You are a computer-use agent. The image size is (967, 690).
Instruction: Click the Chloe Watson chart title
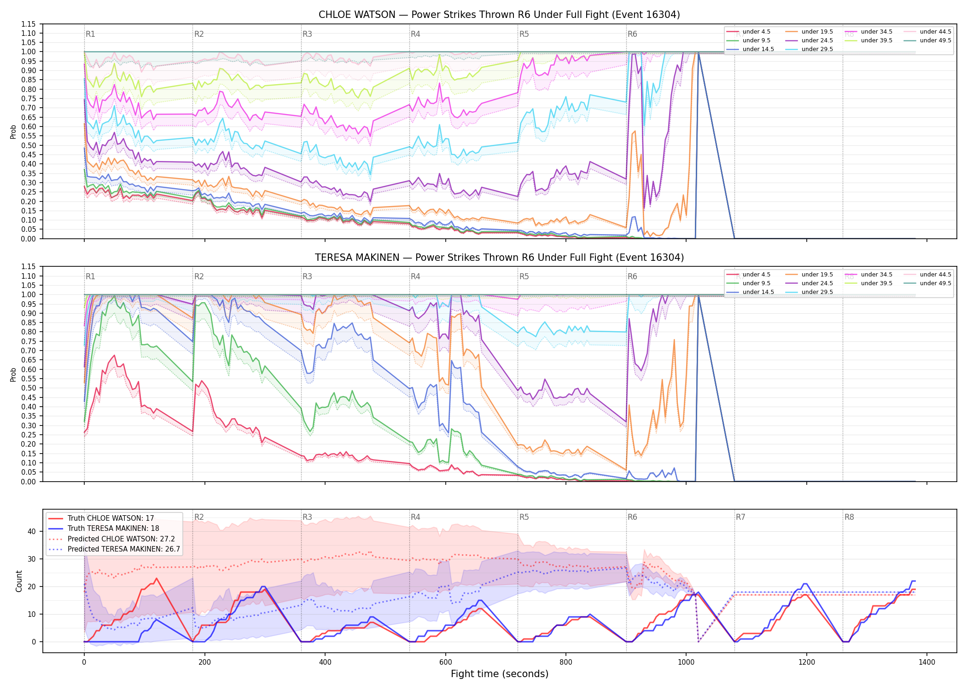(x=499, y=15)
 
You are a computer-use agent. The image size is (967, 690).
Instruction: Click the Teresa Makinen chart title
(x=499, y=258)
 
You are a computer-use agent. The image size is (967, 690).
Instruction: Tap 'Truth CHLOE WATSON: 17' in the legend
(x=111, y=518)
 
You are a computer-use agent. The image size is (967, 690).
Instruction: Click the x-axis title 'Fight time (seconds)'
(x=500, y=674)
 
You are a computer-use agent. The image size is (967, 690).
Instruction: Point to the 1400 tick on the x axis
(x=927, y=662)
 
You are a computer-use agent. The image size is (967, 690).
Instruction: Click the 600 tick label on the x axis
(x=445, y=662)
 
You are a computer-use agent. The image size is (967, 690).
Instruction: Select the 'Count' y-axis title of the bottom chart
(x=19, y=581)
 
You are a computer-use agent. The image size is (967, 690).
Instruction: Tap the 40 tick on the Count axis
(x=32, y=531)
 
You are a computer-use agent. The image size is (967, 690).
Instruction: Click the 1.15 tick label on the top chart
(x=28, y=24)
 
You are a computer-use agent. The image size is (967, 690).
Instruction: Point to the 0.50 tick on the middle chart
(x=28, y=388)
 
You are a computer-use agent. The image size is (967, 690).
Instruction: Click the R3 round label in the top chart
(x=307, y=34)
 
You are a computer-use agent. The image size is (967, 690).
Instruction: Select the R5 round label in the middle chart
(x=524, y=276)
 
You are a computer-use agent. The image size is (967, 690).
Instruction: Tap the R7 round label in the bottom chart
(x=740, y=517)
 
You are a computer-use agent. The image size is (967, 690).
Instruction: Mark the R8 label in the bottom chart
(x=849, y=517)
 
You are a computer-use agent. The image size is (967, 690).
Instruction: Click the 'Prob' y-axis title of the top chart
(x=13, y=132)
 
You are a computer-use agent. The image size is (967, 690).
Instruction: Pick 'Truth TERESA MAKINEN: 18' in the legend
(x=113, y=529)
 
